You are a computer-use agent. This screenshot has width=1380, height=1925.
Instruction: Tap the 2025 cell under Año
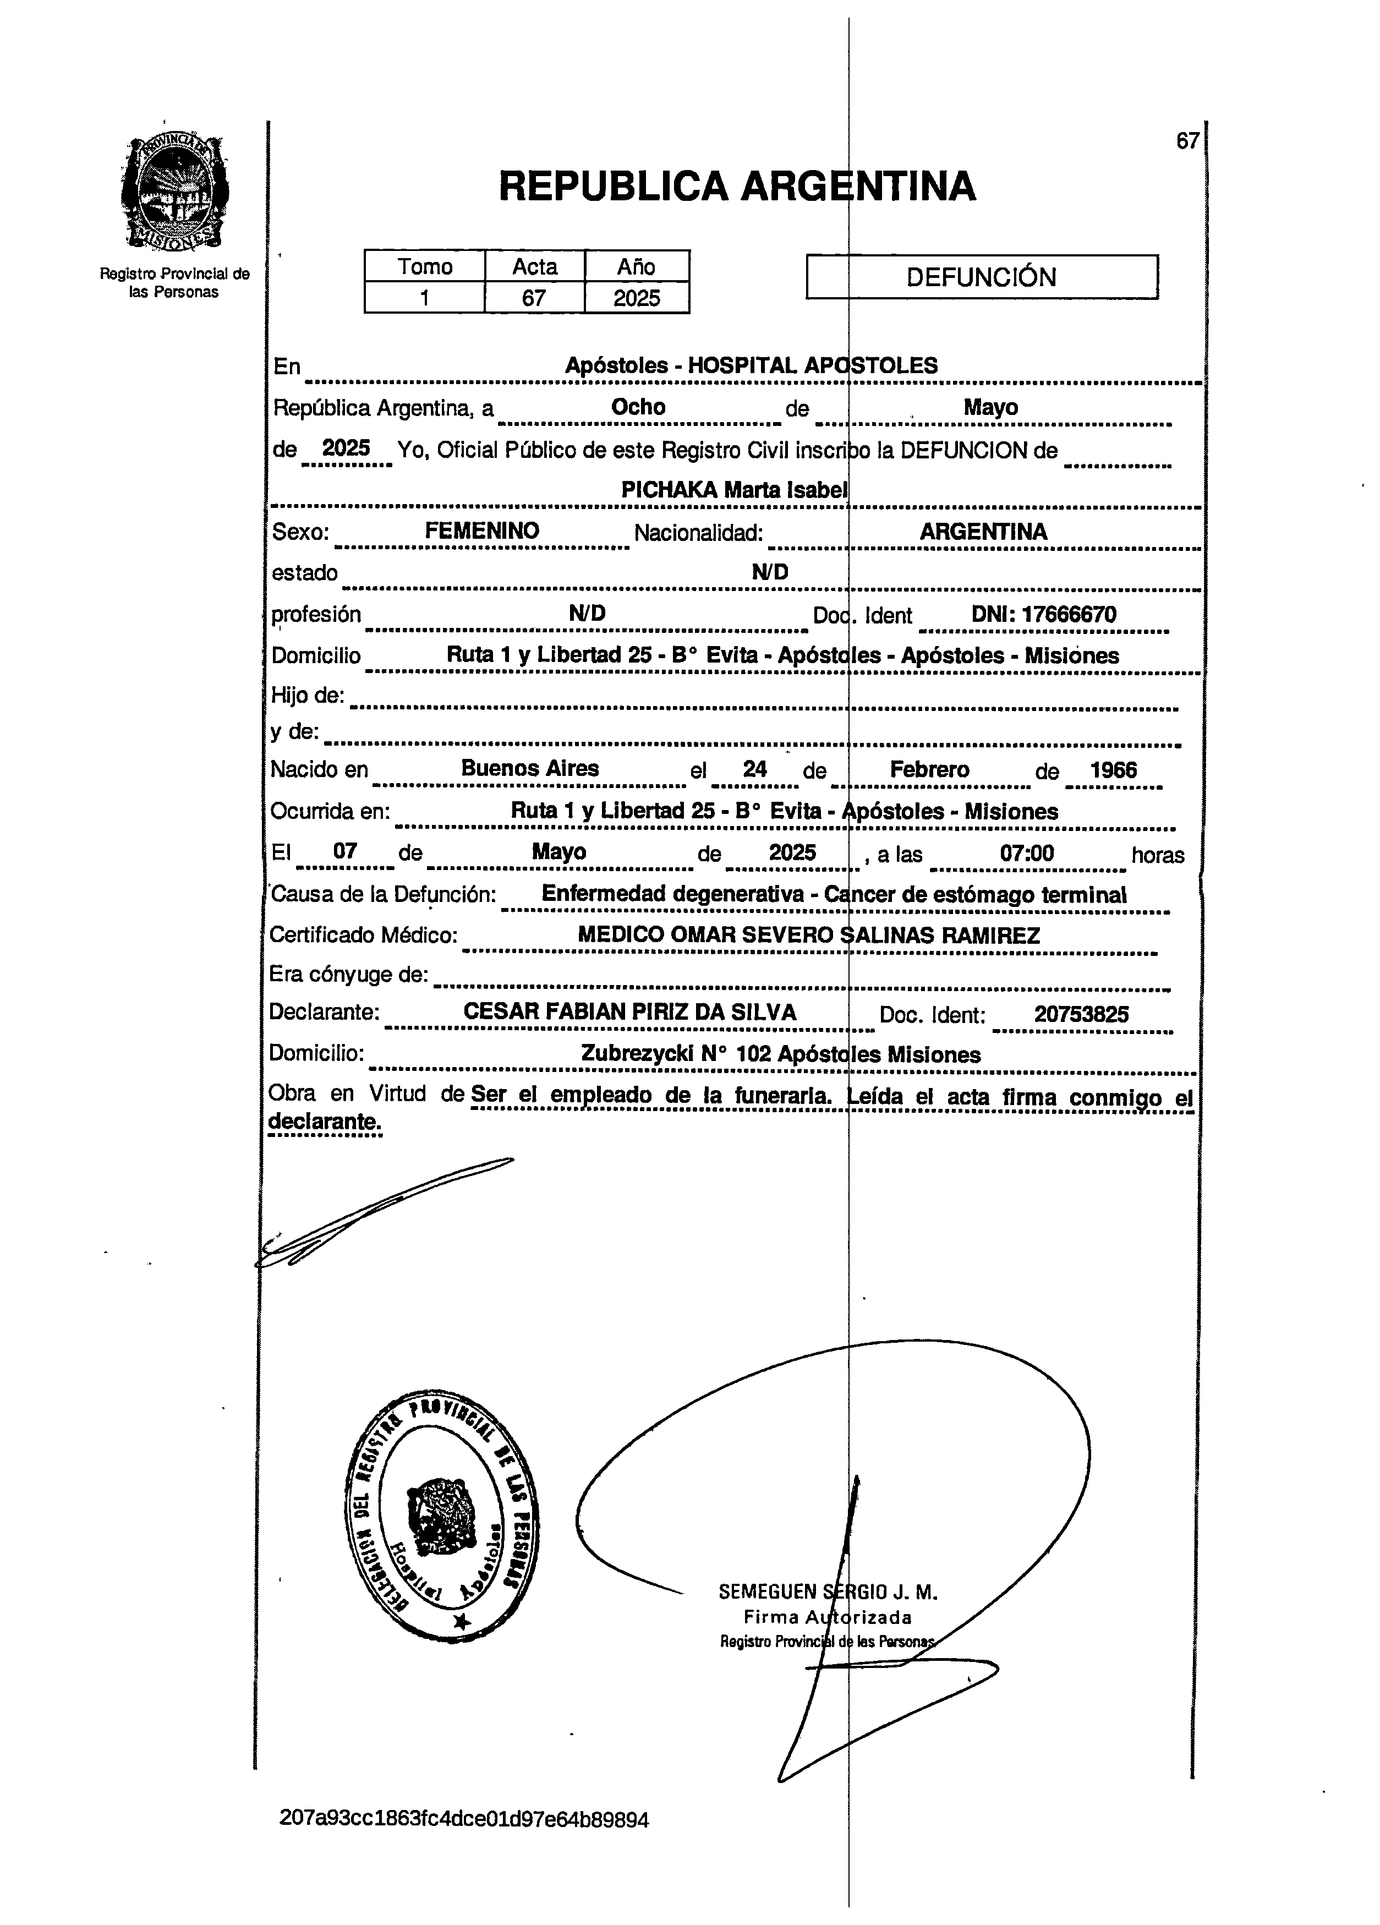pos(637,298)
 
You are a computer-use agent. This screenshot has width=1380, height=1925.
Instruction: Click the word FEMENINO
pos(481,531)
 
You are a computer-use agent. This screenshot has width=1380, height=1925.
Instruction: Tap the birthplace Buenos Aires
pos(529,768)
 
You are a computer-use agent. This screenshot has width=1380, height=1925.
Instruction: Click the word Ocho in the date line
pos(638,407)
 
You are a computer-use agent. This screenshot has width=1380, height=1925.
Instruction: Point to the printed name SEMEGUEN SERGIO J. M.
pos(828,1592)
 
